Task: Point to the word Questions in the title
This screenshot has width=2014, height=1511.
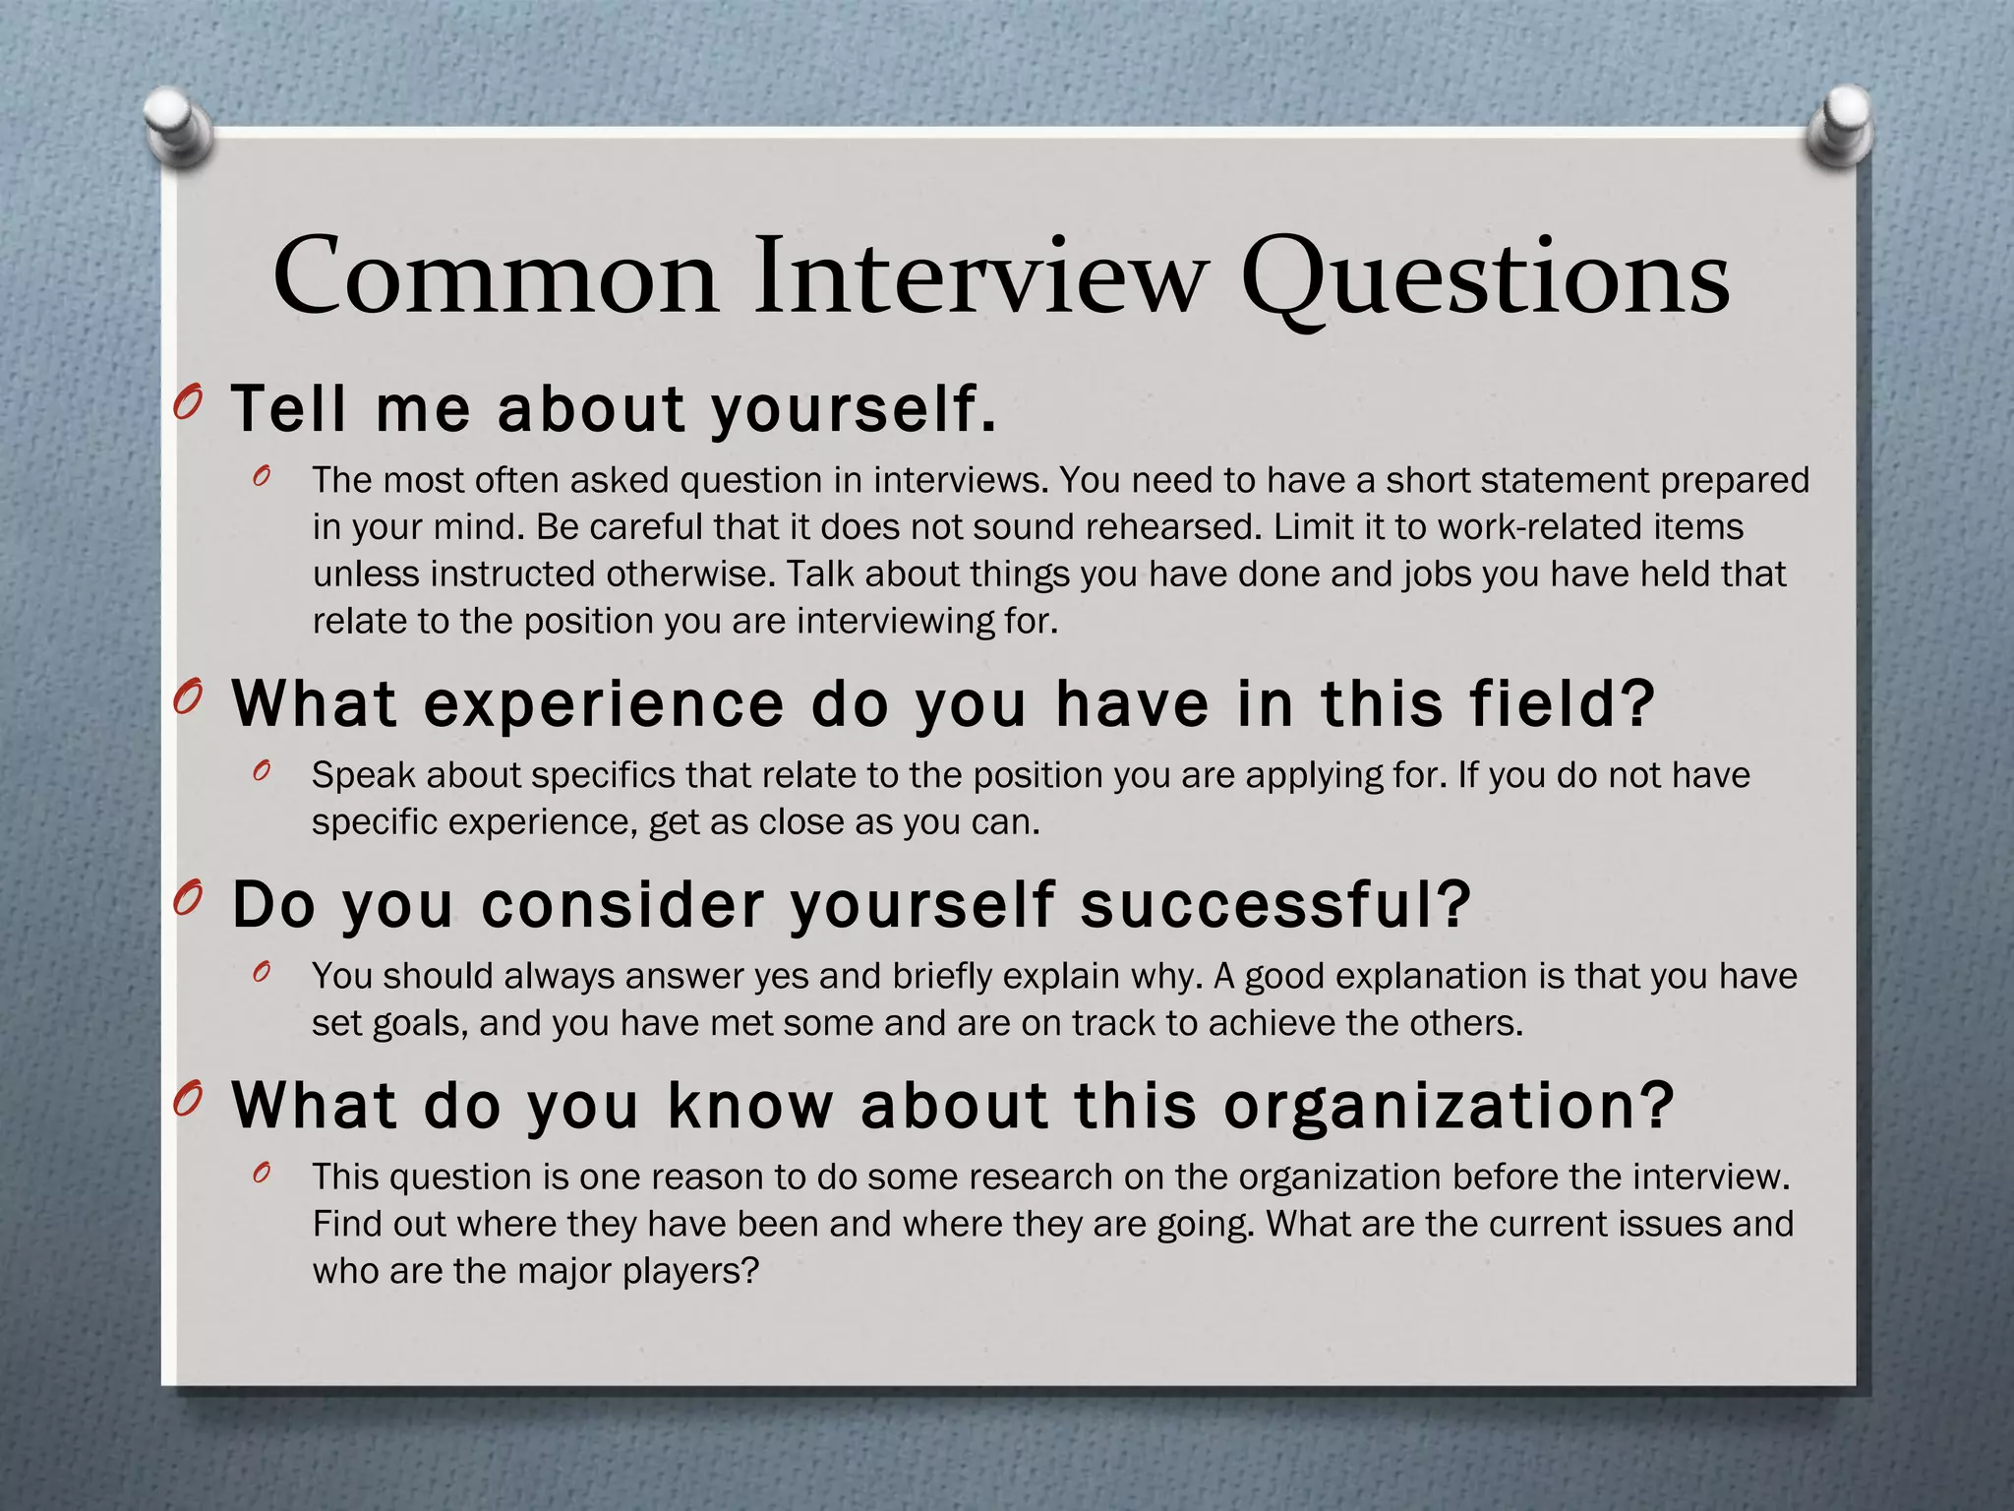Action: click(1485, 279)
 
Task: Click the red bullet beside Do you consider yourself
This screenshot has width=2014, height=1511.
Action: click(187, 898)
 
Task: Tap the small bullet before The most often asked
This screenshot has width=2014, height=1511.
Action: click(261, 477)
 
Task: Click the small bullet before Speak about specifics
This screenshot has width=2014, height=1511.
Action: click(261, 772)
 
